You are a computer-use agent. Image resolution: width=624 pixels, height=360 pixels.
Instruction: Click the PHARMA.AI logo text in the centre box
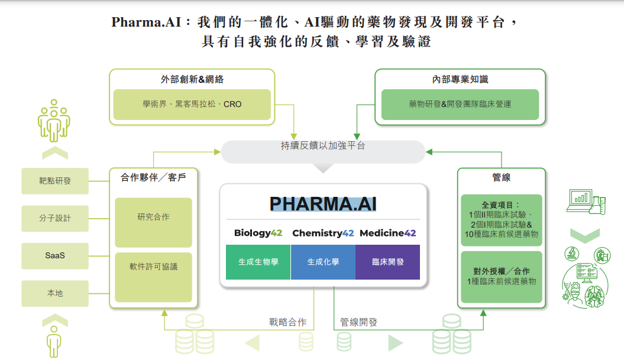point(323,203)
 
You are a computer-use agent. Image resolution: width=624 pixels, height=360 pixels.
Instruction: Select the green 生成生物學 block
point(258,262)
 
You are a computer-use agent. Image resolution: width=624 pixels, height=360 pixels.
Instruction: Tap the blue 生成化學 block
point(323,262)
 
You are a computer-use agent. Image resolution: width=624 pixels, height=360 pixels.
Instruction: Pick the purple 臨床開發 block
point(387,262)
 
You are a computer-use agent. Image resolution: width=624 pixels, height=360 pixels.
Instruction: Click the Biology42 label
point(258,233)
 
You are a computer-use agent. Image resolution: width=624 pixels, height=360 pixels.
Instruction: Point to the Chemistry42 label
point(323,233)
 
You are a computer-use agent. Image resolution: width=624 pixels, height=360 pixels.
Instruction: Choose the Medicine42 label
point(387,233)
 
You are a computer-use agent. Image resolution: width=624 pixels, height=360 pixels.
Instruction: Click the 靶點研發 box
point(55,181)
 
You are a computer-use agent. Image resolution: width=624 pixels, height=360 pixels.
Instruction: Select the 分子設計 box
point(55,218)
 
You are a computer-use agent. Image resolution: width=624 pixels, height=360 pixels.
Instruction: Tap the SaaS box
point(55,255)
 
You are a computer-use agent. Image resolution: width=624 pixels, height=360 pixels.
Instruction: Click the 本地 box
point(55,293)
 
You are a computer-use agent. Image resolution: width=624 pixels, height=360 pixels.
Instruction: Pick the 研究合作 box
point(153,222)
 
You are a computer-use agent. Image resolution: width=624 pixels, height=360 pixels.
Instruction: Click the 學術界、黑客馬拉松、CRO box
point(192,105)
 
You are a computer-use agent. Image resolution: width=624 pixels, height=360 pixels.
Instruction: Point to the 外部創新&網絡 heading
point(192,79)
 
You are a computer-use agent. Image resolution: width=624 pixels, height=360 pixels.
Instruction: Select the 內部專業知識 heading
point(460,79)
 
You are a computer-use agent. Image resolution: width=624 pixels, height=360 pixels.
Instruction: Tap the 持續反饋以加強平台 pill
point(323,151)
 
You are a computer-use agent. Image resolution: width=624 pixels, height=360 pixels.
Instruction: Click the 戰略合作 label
point(288,323)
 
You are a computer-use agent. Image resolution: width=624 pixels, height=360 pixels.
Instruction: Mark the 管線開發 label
point(358,323)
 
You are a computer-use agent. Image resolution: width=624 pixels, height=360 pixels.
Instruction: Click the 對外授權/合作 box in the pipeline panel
point(501,277)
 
